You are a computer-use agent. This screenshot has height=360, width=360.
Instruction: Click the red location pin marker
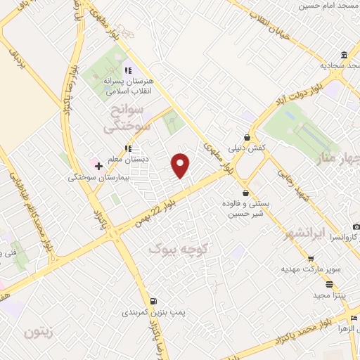(x=181, y=165)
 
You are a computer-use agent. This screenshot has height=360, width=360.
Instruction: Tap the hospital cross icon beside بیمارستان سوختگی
(x=98, y=167)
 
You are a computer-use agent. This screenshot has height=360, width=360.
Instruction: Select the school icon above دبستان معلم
(x=127, y=149)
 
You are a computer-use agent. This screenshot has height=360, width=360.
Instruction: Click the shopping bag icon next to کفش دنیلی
(x=247, y=137)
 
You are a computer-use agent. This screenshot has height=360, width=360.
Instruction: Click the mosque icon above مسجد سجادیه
(x=344, y=56)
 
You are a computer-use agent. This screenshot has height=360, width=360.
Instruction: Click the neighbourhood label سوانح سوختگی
(x=124, y=119)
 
